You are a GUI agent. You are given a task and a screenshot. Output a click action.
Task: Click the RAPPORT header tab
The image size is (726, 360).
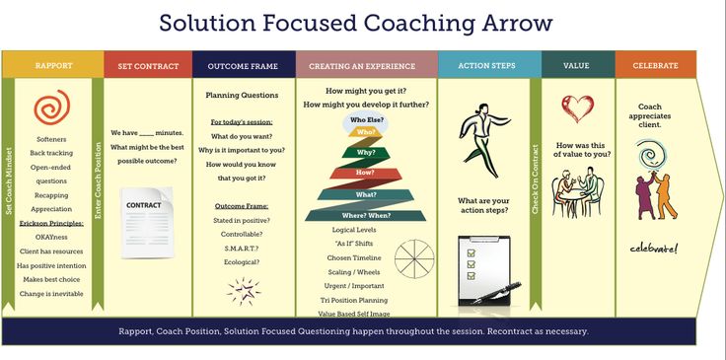pyautogui.click(x=53, y=66)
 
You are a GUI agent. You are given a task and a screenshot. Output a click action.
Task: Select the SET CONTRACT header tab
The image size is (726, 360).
pyautogui.click(x=147, y=66)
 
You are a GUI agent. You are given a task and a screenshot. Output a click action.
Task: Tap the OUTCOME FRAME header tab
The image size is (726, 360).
pyautogui.click(x=243, y=66)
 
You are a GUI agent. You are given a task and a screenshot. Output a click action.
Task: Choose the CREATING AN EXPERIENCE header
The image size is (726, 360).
pyautogui.click(x=364, y=66)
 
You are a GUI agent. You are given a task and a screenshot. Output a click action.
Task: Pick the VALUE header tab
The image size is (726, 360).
pyautogui.click(x=576, y=66)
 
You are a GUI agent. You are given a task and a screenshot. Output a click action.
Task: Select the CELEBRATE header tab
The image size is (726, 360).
pyautogui.click(x=655, y=66)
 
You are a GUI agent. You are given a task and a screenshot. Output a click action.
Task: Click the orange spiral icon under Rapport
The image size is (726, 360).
pyautogui.click(x=51, y=108)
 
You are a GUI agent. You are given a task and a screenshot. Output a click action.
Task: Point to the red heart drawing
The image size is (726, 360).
pyautogui.click(x=577, y=106)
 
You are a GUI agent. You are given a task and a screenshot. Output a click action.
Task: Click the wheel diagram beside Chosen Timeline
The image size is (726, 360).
pyautogui.click(x=414, y=258)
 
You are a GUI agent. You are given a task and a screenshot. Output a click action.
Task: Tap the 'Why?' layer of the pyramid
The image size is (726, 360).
pyautogui.click(x=366, y=153)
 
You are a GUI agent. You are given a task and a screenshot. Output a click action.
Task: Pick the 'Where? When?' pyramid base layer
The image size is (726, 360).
pyautogui.click(x=366, y=215)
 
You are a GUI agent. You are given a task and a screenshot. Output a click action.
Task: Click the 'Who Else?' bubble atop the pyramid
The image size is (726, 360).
pyautogui.click(x=365, y=120)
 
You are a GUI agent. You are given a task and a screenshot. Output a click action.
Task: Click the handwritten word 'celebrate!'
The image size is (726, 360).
pyautogui.click(x=654, y=248)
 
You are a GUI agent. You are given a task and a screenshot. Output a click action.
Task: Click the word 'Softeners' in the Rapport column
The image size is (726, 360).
pyautogui.click(x=51, y=139)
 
